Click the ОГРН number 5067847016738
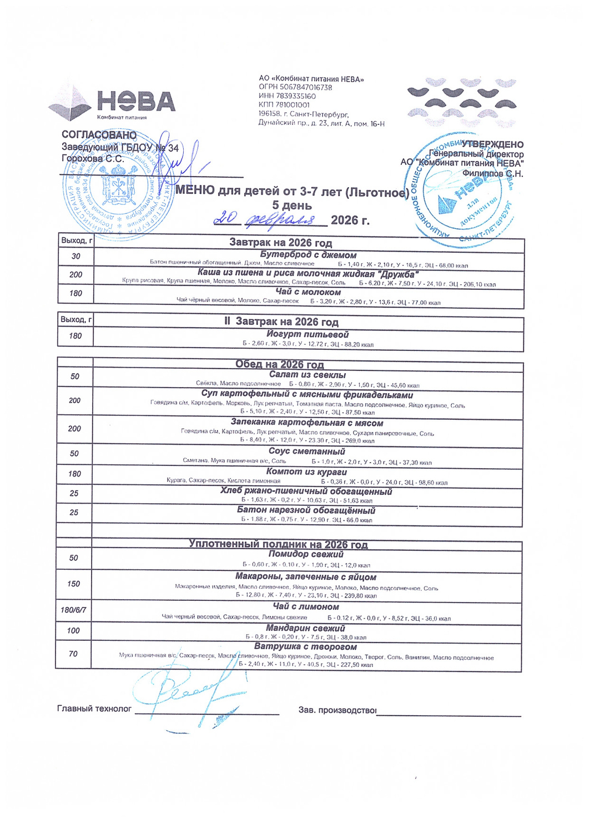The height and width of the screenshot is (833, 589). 295,88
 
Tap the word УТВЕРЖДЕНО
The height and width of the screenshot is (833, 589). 492,144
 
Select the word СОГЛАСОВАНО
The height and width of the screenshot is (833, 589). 99,135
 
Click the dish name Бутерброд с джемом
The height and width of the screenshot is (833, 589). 308,255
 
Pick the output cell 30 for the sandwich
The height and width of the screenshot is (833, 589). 76,256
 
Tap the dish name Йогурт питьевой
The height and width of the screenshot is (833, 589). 308,334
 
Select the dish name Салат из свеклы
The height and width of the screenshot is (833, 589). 307,375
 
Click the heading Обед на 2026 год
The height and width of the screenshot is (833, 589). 279,364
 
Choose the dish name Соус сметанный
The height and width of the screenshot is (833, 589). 306,451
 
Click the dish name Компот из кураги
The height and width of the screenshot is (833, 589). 306,471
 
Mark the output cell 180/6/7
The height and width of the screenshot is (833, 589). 73,610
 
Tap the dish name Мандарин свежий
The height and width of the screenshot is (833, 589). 305,628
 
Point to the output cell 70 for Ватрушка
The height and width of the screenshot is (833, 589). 73,654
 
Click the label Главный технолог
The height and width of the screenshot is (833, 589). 94,709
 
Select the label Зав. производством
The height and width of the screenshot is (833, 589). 337,710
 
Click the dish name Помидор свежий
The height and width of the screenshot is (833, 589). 306,554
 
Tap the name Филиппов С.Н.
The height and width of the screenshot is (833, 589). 492,173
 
